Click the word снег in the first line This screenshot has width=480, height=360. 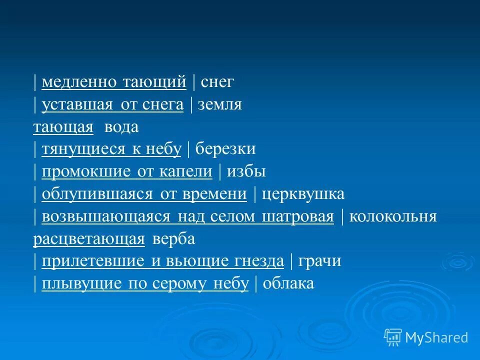coord(217,82)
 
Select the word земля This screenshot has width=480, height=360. coord(220,105)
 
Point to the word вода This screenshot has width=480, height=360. coord(121,127)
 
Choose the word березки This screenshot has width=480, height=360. coord(225,149)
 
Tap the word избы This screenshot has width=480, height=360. coord(246,172)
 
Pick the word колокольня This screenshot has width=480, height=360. coord(393,217)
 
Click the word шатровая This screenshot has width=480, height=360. coord(302,217)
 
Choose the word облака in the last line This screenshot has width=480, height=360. coord(288,284)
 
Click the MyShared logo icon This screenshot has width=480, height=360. coord(393,337)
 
